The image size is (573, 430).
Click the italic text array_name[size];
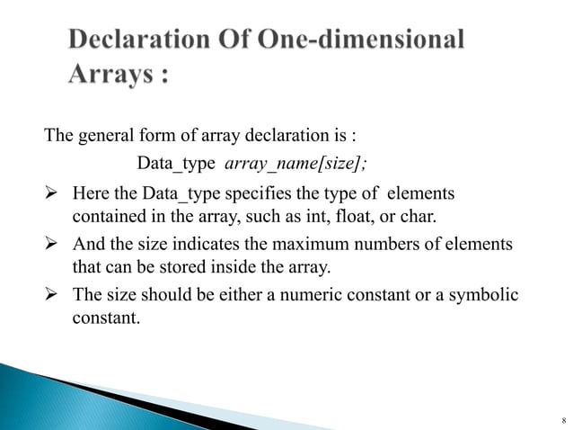289,164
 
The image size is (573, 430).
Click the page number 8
561,419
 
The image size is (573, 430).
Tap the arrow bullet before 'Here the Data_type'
53,193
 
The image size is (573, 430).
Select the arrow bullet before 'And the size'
53,245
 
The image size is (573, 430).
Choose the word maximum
323,245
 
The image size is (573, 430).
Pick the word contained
105,217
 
